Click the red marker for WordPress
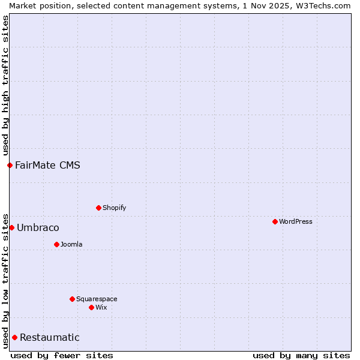(x=275, y=221)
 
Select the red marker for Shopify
(x=98, y=208)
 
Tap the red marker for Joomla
(x=56, y=244)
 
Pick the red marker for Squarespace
(x=72, y=299)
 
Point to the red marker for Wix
(x=91, y=307)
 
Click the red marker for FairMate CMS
(x=10, y=165)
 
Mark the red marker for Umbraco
(x=11, y=227)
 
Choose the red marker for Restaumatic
(x=14, y=337)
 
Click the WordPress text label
(x=295, y=221)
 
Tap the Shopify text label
(x=114, y=208)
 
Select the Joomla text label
(x=71, y=244)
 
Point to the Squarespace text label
(x=97, y=299)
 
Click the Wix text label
(x=101, y=307)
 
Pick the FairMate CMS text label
(x=47, y=165)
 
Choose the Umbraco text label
(x=38, y=227)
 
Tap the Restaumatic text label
(x=49, y=337)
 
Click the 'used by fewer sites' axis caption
(x=62, y=355)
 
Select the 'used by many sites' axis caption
(x=301, y=355)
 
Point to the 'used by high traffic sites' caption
(x=5, y=85)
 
